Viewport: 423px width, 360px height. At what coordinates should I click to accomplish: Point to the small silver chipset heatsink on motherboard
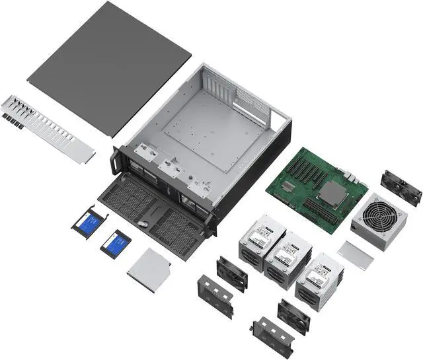coord(288,187)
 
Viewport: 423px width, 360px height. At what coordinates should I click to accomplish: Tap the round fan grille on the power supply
coord(380,218)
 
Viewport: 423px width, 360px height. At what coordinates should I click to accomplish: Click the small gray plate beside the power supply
coord(356,254)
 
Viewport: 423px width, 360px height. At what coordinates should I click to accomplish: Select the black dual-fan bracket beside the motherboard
coord(401,187)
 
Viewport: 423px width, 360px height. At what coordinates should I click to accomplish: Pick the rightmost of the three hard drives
coord(319,277)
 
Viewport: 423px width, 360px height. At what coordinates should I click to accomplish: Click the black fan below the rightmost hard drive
coord(293,315)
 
